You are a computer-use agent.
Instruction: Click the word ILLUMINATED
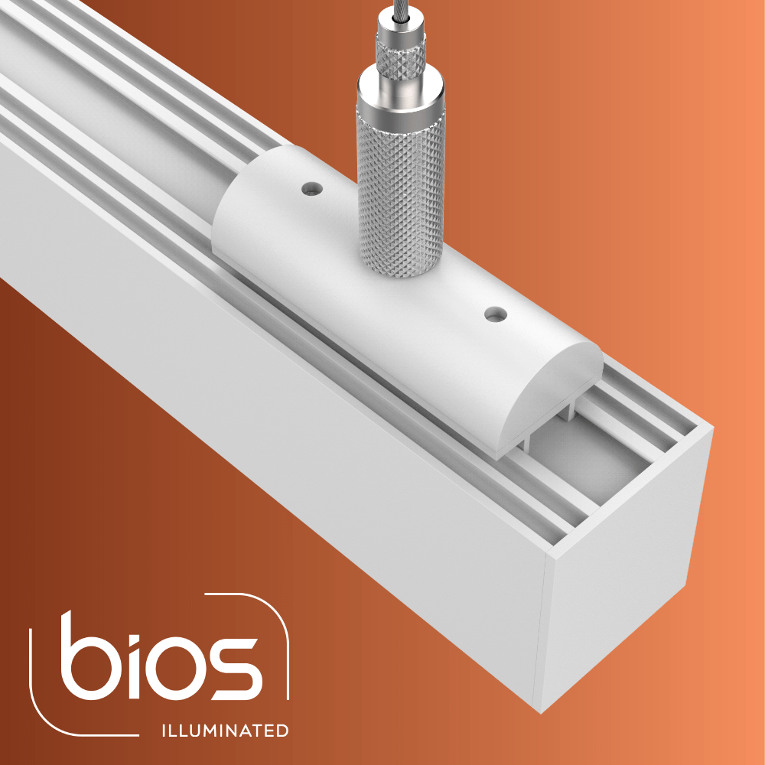(x=225, y=731)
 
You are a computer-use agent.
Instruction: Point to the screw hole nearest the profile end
(x=495, y=314)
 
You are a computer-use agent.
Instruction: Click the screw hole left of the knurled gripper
(x=312, y=188)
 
